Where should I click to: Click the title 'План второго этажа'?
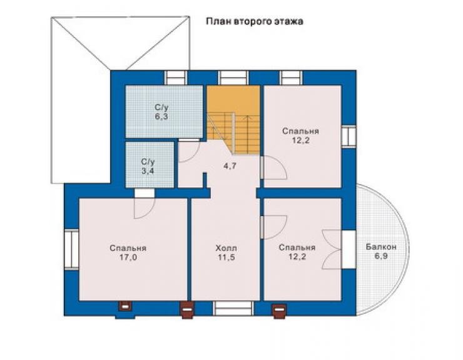[254, 22]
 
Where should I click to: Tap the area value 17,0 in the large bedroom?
[128, 258]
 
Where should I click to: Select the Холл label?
[226, 248]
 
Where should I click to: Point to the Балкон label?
[381, 247]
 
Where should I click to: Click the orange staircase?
[233, 120]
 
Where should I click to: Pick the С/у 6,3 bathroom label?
[161, 111]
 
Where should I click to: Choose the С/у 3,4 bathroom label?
[148, 167]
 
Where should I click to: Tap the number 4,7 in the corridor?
[230, 166]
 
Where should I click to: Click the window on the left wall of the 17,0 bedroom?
[71, 250]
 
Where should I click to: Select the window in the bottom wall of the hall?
[233, 308]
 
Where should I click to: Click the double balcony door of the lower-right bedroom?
[332, 250]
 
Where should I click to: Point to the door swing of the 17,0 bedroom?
[144, 208]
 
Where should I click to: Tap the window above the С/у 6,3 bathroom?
[176, 78]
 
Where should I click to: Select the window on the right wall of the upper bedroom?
[349, 136]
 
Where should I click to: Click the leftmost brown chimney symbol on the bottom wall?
[125, 306]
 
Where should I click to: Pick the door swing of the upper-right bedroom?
[274, 168]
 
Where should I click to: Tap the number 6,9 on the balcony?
[381, 256]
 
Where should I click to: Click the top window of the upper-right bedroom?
[292, 78]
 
